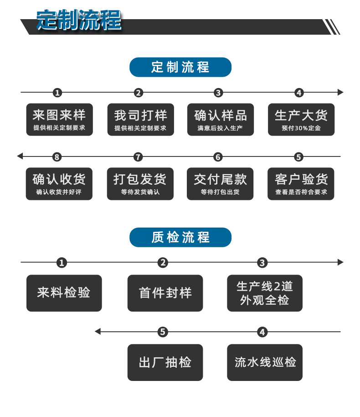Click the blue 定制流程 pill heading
pyautogui.click(x=180, y=67)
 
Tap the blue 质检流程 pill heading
pyautogui.click(x=180, y=237)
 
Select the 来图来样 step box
pyautogui.click(x=59, y=120)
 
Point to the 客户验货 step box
pyautogui.click(x=301, y=183)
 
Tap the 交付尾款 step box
pyautogui.click(x=220, y=183)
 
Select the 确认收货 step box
pyautogui.click(x=59, y=183)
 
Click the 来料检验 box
pyautogui.click(x=64, y=293)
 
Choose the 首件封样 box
pyautogui.click(x=165, y=293)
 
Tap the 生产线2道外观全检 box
pyautogui.click(x=265, y=293)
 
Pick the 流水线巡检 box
pyautogui.click(x=265, y=362)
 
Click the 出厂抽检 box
pyautogui.click(x=165, y=362)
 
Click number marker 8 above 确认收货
pyautogui.click(x=57, y=157)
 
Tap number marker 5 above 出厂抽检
pyautogui.click(x=163, y=332)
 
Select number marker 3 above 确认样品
pyautogui.click(x=218, y=93)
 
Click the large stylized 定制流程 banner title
pyautogui.click(x=79, y=20)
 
